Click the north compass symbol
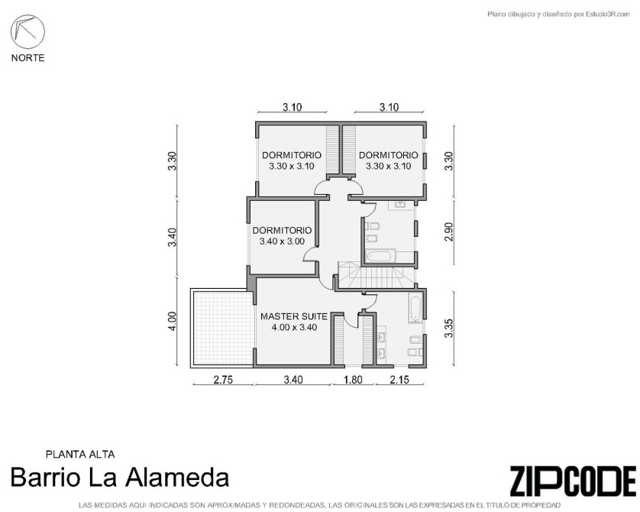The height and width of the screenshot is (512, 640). pyautogui.click(x=27, y=31)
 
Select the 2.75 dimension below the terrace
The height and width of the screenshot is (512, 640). pyautogui.click(x=223, y=380)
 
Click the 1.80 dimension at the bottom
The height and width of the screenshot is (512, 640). pyautogui.click(x=353, y=380)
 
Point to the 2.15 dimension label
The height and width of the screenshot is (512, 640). pyautogui.click(x=399, y=380)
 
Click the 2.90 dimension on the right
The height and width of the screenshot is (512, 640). pyautogui.click(x=448, y=232)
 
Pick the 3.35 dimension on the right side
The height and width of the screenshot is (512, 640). pyautogui.click(x=448, y=329)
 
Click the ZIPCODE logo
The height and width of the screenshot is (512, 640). pyautogui.click(x=573, y=481)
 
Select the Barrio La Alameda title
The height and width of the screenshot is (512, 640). pyautogui.click(x=119, y=478)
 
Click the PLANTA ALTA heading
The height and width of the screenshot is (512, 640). pyautogui.click(x=80, y=454)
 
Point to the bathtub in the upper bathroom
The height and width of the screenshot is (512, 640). pyautogui.click(x=380, y=256)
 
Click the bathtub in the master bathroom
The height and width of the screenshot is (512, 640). pyautogui.click(x=415, y=309)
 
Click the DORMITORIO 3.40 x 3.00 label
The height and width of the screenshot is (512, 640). pyautogui.click(x=282, y=235)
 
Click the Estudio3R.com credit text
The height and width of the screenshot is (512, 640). pyautogui.click(x=558, y=15)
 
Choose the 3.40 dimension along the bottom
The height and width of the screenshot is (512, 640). pyautogui.click(x=293, y=380)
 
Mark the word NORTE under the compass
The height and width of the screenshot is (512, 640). pyautogui.click(x=27, y=58)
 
